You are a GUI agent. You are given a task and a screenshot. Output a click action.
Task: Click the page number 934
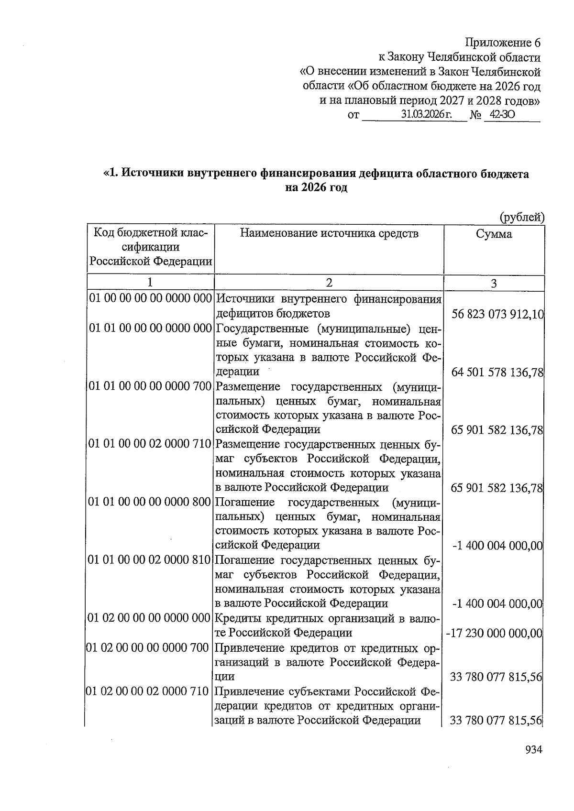pos(533,750)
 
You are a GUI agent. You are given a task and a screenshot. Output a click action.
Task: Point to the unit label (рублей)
pos(522,218)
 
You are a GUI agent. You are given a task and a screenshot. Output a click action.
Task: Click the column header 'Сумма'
pos(494,234)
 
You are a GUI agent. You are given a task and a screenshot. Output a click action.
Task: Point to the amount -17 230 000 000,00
pos(494,633)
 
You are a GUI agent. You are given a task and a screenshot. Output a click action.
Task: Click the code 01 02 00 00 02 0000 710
pos(148,691)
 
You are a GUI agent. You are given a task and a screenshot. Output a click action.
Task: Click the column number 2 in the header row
pos(329,283)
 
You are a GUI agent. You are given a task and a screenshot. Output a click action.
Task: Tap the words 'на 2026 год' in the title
pos(316,187)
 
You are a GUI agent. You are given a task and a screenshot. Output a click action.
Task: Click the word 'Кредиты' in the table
pos(235,618)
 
